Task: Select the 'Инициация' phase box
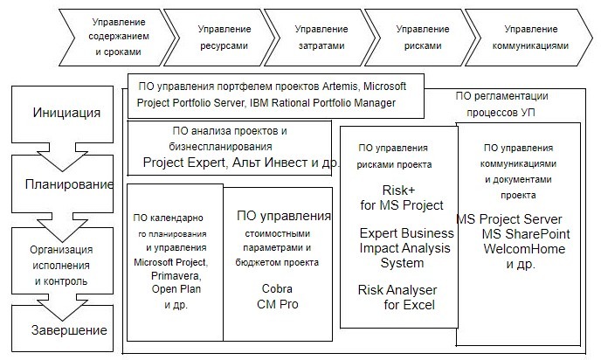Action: point(66,114)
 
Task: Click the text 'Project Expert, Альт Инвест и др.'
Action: point(241,163)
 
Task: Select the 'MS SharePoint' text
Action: point(526,234)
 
